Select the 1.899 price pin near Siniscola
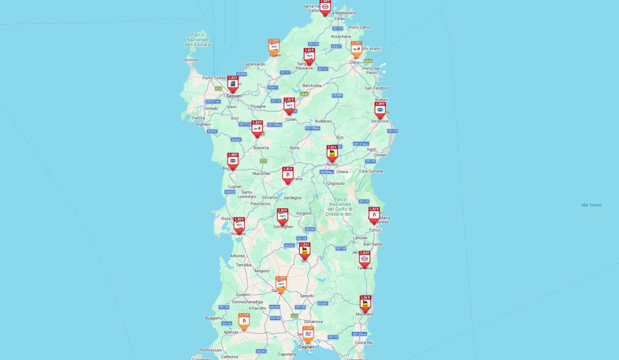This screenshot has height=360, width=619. point(380,110)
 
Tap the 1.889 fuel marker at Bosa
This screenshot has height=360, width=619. point(233,161)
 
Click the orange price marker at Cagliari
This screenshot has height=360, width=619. point(308,334)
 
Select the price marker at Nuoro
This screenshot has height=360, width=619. point(332,153)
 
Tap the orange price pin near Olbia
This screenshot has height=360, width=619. point(356,49)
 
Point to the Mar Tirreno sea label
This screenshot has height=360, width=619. point(591,205)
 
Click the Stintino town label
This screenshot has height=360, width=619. point(191,60)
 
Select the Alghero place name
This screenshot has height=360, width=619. point(203,124)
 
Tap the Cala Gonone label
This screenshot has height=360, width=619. point(371,171)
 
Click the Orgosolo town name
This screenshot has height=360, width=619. point(336,184)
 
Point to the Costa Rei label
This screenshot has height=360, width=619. point(364,343)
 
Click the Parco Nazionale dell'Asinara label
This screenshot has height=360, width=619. point(198,40)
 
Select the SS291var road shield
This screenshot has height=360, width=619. point(213,101)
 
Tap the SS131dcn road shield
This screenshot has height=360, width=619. point(361,144)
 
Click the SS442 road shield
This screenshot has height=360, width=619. point(289,245)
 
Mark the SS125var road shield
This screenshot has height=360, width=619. point(359,334)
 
